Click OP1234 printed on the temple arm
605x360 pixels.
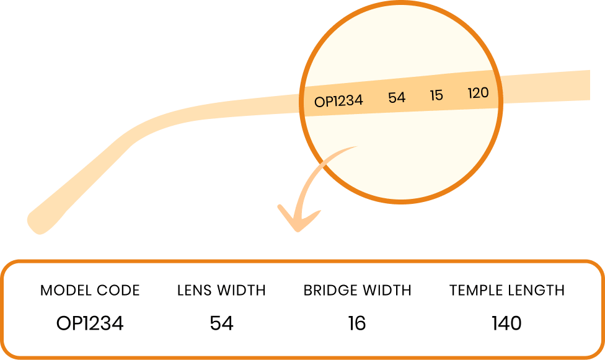(x=338, y=101)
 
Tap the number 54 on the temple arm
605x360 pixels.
(x=397, y=98)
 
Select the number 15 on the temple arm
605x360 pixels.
(x=436, y=95)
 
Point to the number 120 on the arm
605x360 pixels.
(x=478, y=92)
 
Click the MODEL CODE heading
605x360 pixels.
(x=90, y=290)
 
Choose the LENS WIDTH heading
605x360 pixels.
(x=221, y=290)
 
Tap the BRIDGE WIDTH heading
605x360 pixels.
(x=357, y=290)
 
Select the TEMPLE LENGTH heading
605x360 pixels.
(x=507, y=290)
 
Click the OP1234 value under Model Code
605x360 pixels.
(x=90, y=323)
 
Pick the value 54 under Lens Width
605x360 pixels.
(x=221, y=323)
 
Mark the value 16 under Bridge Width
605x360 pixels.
(x=357, y=323)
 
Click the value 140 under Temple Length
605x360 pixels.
(x=506, y=323)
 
